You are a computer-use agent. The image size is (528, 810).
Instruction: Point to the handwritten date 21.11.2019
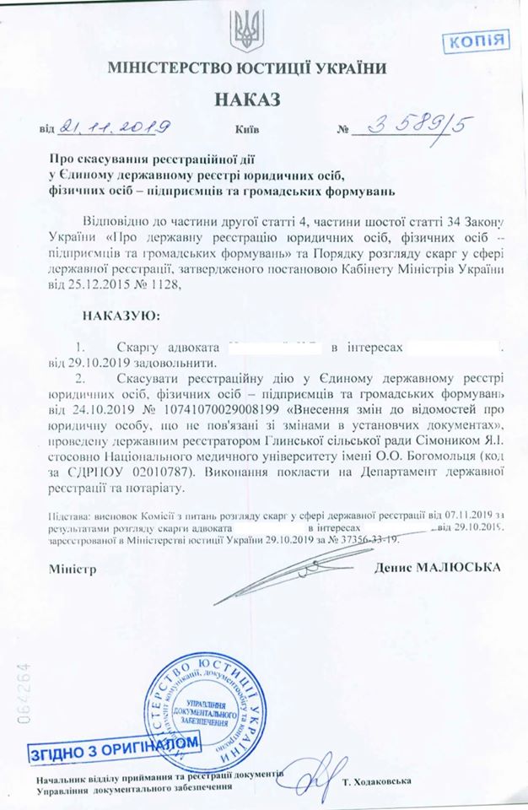coord(110,128)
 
